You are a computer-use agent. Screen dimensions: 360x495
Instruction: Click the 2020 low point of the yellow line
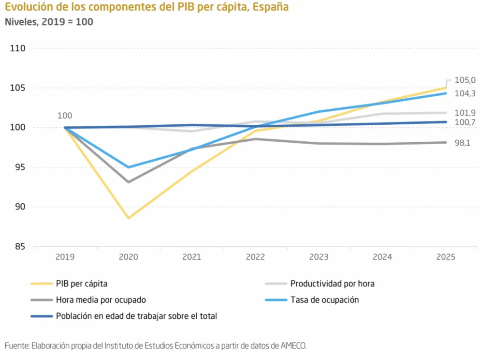129,218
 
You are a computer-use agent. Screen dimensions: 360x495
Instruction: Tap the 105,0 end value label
466,80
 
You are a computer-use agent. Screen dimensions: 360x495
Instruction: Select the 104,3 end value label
466,93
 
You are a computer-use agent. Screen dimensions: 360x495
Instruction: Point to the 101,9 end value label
466,113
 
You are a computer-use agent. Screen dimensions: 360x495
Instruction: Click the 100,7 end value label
466,122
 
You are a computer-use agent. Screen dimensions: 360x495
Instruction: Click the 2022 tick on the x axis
255,257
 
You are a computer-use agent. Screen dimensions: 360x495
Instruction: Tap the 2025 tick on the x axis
446,257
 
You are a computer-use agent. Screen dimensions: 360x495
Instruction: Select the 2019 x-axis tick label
65,257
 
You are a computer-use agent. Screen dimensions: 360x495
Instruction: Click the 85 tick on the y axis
21,247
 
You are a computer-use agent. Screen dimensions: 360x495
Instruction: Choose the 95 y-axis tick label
21,167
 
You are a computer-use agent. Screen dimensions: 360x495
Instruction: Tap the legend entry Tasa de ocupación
324,300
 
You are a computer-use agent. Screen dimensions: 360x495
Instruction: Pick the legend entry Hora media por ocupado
101,300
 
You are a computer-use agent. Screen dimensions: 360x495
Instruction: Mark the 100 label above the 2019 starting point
65,116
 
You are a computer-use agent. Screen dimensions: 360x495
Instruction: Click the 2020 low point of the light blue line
129,167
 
